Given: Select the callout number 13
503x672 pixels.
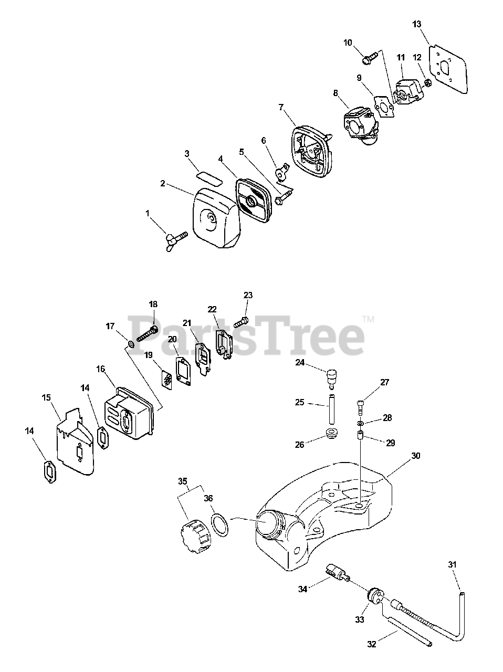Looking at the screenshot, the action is [x=416, y=24].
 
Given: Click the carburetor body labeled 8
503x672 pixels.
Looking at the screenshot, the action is [x=358, y=125].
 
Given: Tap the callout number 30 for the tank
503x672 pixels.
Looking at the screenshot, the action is [x=416, y=456].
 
